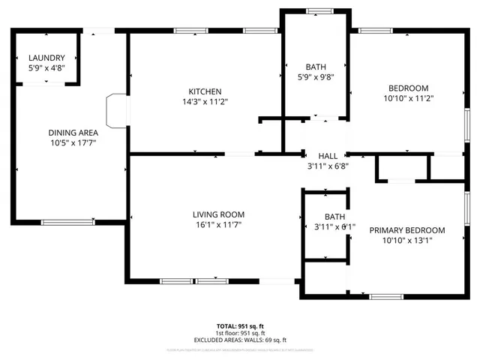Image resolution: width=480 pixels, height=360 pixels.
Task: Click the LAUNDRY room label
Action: pos(46,58)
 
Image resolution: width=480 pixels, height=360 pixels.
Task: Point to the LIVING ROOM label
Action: pos(218,214)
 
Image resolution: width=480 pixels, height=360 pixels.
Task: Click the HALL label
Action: pos(328,155)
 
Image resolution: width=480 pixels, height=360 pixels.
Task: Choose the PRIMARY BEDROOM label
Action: pos(407,230)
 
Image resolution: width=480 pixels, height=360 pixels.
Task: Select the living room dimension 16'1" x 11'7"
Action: pos(218,225)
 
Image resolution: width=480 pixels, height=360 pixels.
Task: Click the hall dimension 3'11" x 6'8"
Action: pos(328,166)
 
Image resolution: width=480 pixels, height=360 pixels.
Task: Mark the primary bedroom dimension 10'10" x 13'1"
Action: pos(407,241)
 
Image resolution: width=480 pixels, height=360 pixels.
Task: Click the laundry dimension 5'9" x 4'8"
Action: pos(46,68)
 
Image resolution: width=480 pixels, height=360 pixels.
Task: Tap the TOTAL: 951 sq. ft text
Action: pos(240,326)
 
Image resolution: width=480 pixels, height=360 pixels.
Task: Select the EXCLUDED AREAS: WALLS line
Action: pos(240,340)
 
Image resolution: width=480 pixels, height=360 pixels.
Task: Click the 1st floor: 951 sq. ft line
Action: pos(240,333)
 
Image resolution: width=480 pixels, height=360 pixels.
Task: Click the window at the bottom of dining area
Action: pos(67,221)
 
